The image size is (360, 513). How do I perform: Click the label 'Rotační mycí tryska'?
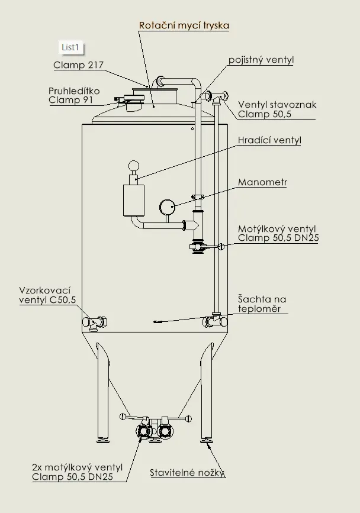pyautogui.click(x=184, y=25)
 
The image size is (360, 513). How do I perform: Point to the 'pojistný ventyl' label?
pyautogui.click(x=261, y=60)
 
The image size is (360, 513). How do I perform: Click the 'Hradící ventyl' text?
pyautogui.click(x=269, y=140)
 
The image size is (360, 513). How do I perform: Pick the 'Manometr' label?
pyautogui.click(x=262, y=182)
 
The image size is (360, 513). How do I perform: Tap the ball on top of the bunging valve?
pyautogui.click(x=134, y=166)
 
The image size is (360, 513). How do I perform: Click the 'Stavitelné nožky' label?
pyautogui.click(x=187, y=473)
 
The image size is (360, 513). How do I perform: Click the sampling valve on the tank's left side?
pyautogui.click(x=95, y=322)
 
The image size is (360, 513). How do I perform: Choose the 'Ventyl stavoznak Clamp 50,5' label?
pyautogui.click(x=277, y=109)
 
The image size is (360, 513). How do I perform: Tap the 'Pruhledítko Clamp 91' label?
pyautogui.click(x=74, y=95)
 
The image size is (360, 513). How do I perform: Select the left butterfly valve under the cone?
pyautogui.click(x=144, y=430)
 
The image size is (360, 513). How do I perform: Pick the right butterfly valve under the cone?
pyautogui.click(x=166, y=430)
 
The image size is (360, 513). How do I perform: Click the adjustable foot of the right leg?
pyautogui.click(x=207, y=440)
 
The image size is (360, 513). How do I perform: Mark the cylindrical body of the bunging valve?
pyautogui.click(x=133, y=200)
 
